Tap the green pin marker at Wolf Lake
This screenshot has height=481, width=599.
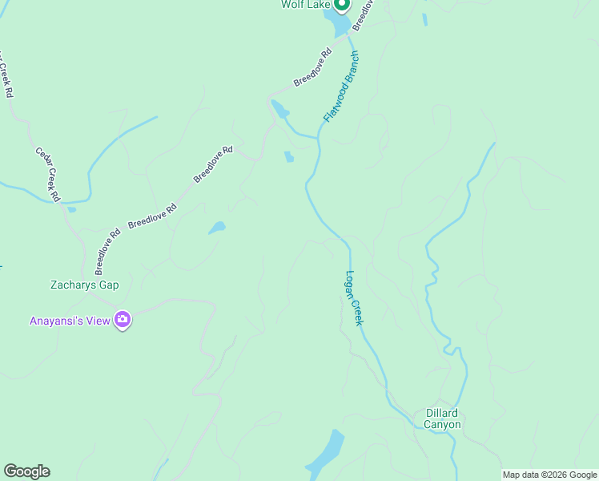[341, 5]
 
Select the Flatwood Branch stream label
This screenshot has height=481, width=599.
[340, 87]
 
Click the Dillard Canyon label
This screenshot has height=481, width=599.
[442, 418]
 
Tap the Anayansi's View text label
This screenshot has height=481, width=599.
[70, 321]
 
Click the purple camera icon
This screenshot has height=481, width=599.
[123, 321]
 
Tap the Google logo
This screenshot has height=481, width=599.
[26, 471]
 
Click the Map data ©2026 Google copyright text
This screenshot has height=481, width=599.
[549, 475]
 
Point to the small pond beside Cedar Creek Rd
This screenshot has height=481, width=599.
[71, 210]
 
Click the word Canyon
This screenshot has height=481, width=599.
[442, 424]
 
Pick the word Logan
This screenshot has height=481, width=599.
[351, 285]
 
